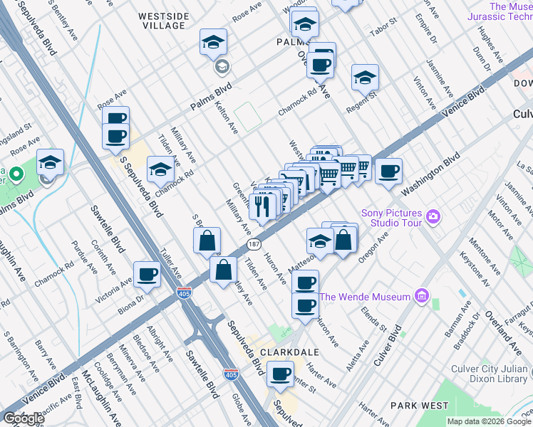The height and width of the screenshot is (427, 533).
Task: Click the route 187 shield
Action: click(253, 244)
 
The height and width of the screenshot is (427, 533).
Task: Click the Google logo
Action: click(24, 418)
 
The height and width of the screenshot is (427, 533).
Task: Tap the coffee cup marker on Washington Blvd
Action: click(388, 172)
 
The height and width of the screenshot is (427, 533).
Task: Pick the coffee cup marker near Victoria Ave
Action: click(148, 274)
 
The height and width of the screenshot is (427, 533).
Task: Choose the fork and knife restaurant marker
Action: click(262, 207)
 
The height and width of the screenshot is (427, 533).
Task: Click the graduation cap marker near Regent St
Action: click(365, 78)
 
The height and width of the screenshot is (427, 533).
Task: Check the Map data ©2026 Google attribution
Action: click(488, 421)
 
